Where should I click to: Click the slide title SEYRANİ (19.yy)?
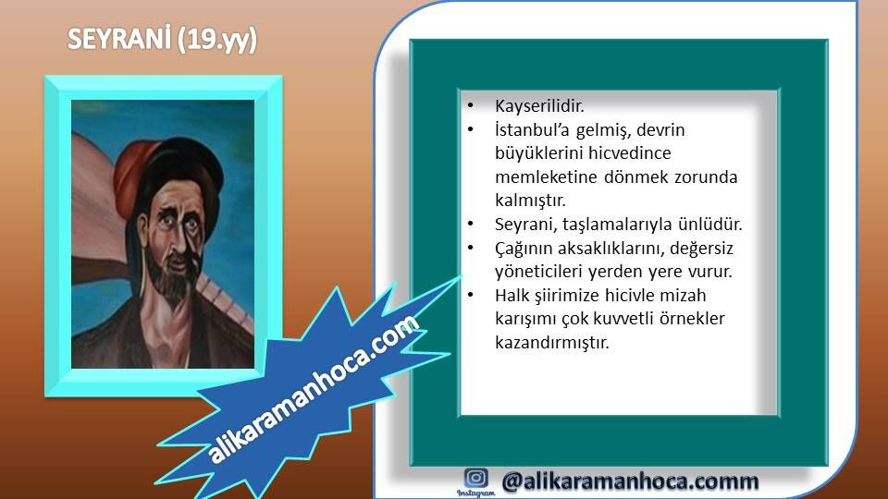coord(162,40)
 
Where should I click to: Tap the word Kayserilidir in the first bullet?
coord(539,105)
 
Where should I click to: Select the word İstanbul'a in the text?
coord(533,130)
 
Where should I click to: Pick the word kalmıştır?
coord(530,201)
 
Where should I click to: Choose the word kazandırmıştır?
coord(551,343)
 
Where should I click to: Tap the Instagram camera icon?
coord(475,478)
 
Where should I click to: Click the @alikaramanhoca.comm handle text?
coord(630,481)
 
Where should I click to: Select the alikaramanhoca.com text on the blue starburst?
coord(314,390)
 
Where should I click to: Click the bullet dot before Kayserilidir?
coord(471,105)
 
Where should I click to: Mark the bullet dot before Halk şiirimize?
coord(471,295)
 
